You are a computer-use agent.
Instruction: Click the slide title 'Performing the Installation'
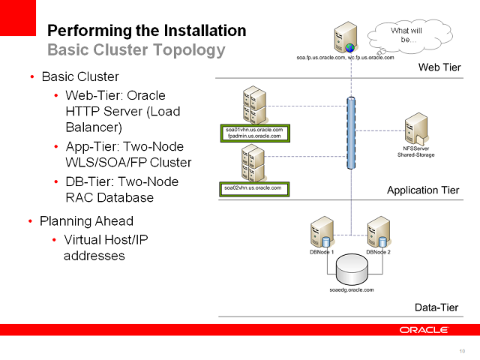(146, 31)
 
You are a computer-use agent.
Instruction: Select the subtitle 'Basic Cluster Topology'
(136, 50)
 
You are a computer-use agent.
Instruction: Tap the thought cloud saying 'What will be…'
(409, 34)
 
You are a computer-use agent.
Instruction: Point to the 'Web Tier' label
(439, 68)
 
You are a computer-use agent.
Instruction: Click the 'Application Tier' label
(423, 190)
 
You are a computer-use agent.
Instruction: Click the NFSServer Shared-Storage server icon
(415, 129)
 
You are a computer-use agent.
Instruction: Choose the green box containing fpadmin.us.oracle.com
(253, 133)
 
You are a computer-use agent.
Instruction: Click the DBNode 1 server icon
(322, 232)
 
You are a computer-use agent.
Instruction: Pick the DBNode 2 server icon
(378, 232)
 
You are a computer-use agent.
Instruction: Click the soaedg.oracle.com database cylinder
(351, 268)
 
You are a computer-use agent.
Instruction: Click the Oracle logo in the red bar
(424, 330)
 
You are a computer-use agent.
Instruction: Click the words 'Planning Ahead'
(86, 221)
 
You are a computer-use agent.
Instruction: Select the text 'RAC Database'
(109, 198)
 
